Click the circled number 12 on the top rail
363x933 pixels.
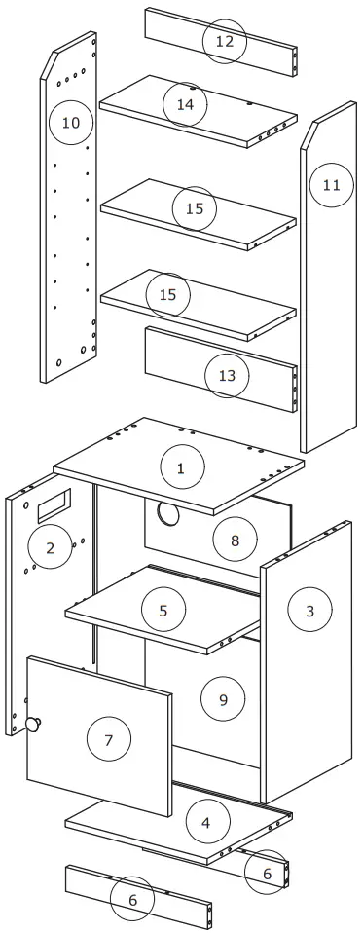[x=225, y=42]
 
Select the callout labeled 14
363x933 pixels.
[x=185, y=104]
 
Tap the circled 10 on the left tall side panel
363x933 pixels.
[x=70, y=123]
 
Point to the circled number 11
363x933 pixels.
[x=331, y=184]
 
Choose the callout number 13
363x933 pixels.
[x=226, y=376]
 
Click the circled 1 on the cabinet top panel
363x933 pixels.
[x=181, y=468]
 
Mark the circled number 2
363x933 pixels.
[x=51, y=548]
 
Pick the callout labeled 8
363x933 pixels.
[x=235, y=540]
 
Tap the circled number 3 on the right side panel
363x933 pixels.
[x=309, y=611]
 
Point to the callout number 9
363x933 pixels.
[x=223, y=698]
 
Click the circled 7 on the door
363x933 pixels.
[x=108, y=740]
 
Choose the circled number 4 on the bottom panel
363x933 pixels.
[x=205, y=823]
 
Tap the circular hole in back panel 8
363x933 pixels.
[x=166, y=514]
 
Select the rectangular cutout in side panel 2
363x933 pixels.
[x=54, y=504]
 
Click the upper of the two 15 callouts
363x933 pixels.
[x=194, y=208]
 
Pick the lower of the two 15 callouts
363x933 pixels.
[x=167, y=294]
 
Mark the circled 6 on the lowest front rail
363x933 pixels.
[x=132, y=901]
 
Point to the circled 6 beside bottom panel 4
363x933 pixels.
[x=267, y=874]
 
